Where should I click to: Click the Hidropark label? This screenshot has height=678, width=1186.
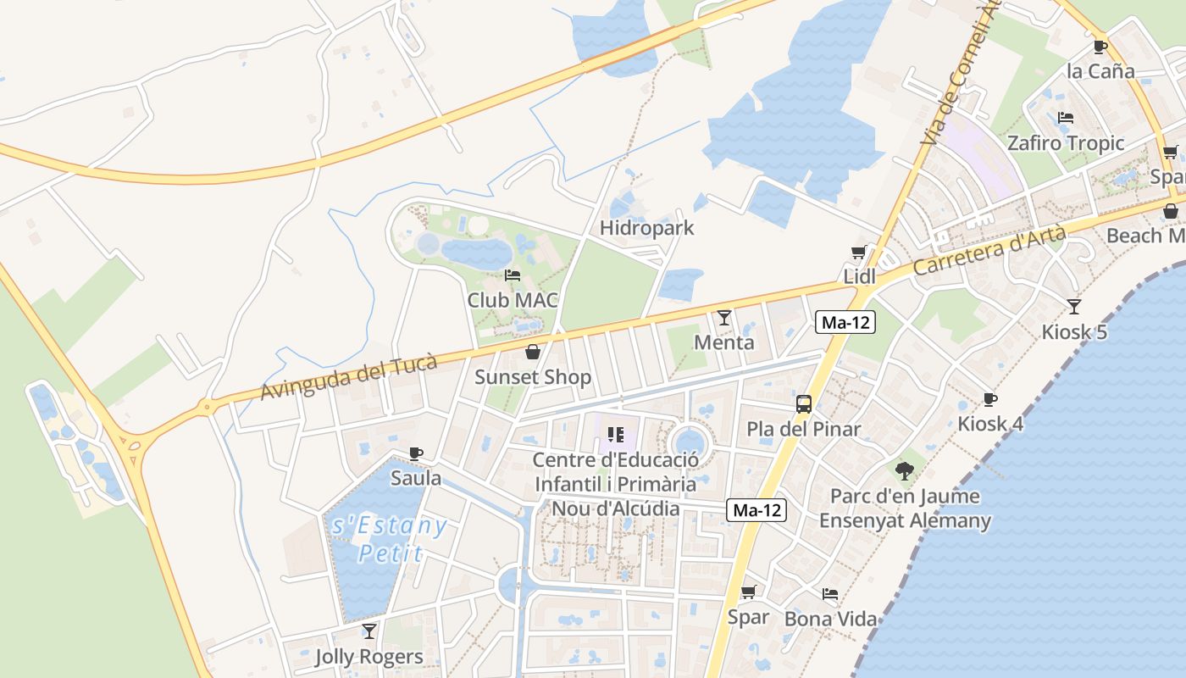646,228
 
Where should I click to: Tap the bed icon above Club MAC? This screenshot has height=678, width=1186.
513,275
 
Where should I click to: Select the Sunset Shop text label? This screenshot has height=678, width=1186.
533,377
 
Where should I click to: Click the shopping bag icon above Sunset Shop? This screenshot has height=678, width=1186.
533,352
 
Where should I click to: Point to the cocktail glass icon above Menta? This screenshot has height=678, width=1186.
723,318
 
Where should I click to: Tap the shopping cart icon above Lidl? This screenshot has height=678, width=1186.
858,253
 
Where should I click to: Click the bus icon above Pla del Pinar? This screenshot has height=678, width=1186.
803,404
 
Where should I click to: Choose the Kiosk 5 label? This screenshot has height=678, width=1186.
1074,331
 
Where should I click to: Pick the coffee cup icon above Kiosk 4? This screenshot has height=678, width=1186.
989,399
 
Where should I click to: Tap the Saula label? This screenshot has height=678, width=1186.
416,478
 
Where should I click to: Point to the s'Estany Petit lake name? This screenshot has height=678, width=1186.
390,540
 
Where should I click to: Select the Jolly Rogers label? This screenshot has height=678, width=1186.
369,657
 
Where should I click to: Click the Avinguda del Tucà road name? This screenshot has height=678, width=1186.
349,377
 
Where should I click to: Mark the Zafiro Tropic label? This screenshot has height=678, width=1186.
1065,142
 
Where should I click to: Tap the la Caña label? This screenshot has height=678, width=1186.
1100,71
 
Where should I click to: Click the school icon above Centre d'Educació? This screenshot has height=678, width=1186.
616,436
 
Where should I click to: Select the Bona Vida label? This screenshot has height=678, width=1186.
830,619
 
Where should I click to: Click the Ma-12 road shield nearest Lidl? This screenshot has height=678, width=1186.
845,322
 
